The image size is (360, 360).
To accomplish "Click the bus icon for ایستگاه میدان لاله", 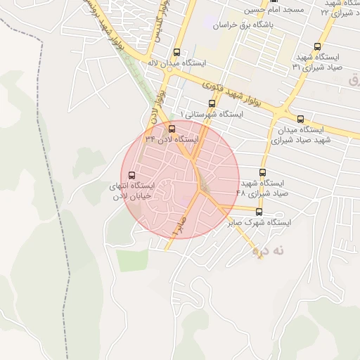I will pyautogui.click(x=176, y=52).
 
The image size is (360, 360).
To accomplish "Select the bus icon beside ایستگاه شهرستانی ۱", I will pyautogui.click(x=212, y=103).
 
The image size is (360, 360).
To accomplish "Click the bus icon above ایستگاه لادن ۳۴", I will pyautogui.click(x=172, y=129).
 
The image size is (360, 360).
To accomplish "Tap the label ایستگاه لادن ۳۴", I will pyautogui.click(x=172, y=139).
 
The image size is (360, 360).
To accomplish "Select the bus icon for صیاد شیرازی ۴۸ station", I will pyautogui.click(x=263, y=173).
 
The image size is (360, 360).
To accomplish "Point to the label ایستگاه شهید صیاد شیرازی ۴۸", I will pyautogui.click(x=263, y=188).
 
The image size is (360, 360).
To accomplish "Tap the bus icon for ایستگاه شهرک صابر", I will pyautogui.click(x=259, y=212).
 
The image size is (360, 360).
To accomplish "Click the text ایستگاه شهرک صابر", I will pyautogui.click(x=259, y=222).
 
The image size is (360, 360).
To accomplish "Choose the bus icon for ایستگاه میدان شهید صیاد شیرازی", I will pyautogui.click(x=301, y=119).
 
